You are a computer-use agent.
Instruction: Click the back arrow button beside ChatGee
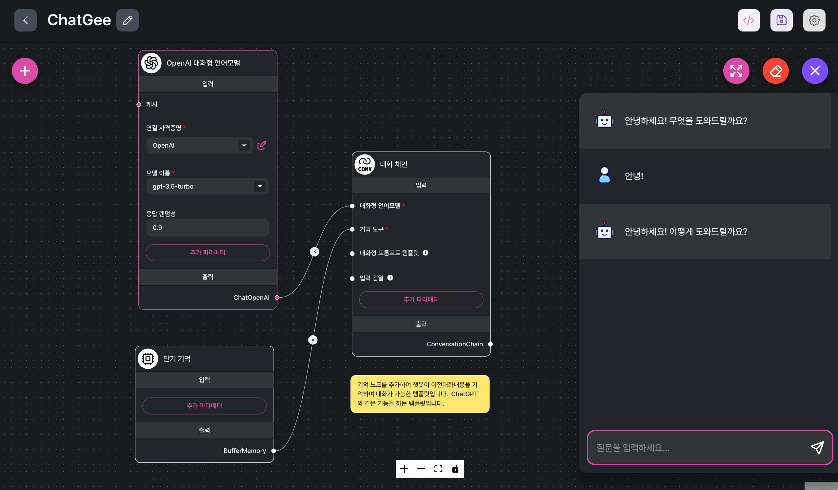coord(25,20)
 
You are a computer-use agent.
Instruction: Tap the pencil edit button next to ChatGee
coord(127,20)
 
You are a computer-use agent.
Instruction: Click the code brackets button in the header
coord(748,20)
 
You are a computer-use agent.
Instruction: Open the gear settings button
coord(814,20)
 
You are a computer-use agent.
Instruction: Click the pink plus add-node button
coord(25,71)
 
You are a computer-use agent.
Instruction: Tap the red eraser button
coord(775,71)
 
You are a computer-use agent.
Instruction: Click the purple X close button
coord(814,71)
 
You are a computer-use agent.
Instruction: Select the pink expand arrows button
coord(736,71)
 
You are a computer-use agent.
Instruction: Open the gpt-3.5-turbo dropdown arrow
coord(259,186)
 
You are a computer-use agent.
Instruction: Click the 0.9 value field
coord(208,228)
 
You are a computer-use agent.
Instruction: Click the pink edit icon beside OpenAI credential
coord(262,145)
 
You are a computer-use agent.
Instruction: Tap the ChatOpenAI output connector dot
coord(277,297)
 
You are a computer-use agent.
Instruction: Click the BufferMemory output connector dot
coord(273,451)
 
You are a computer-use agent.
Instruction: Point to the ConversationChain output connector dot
coord(490,344)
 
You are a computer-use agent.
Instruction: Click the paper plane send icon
coord(817,447)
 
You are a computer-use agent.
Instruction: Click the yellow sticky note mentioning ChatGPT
coord(420,394)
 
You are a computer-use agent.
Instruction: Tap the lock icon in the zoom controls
coord(455,469)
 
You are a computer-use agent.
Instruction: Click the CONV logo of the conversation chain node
coord(365,164)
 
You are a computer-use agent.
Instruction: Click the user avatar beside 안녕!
coord(604,175)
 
